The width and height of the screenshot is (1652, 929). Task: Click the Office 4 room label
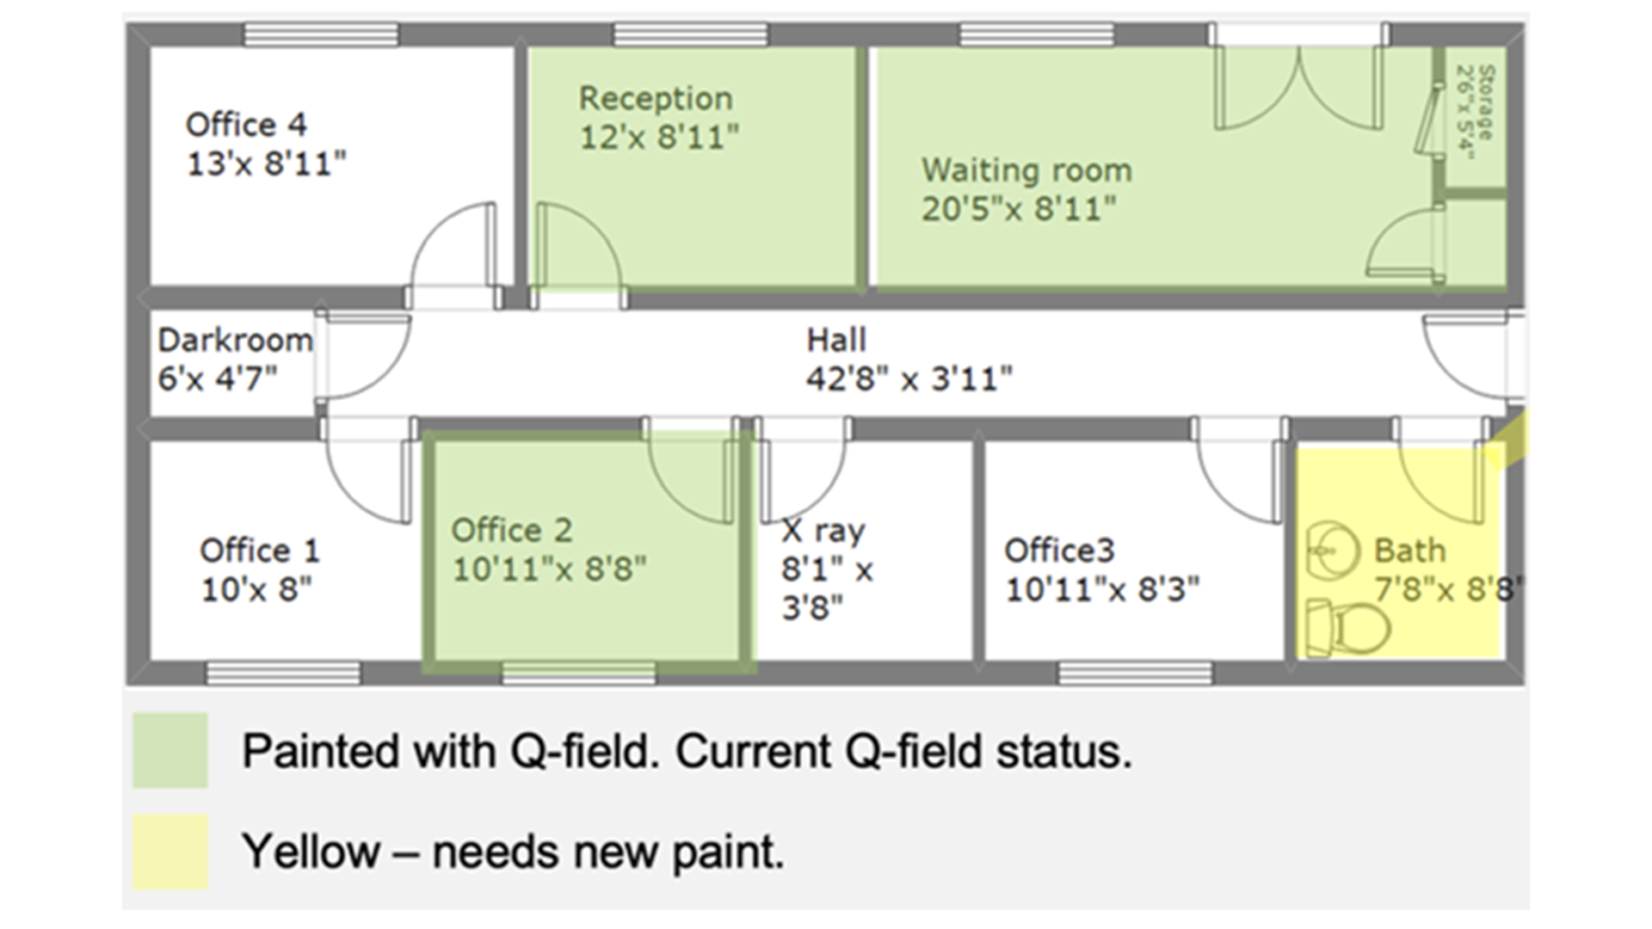coord(246,126)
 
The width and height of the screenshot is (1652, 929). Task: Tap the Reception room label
coord(656,99)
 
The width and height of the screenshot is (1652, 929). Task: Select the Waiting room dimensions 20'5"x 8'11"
coord(1019,209)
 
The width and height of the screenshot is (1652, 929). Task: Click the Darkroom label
coord(235,341)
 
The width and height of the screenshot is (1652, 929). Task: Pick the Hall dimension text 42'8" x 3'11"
coord(909,378)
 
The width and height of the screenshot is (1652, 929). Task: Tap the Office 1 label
coord(260,551)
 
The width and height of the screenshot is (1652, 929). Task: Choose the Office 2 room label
coord(512,531)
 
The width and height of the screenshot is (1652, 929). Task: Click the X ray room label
coord(823,532)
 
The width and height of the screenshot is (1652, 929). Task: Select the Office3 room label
coord(1059,551)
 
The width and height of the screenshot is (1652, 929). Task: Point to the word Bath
coord(1409,551)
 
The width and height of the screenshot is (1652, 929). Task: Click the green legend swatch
coord(170,750)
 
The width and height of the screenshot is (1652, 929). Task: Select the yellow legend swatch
coord(170,852)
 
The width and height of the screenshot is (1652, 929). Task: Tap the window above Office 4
coord(321,35)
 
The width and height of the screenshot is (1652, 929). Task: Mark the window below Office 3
coord(1135,673)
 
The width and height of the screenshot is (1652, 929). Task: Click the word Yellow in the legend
coord(311,852)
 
